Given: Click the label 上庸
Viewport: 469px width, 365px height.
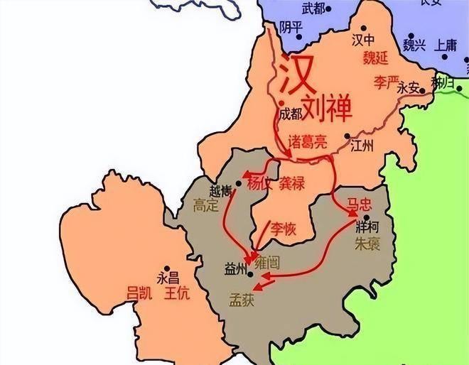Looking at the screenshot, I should click(x=446, y=44).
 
